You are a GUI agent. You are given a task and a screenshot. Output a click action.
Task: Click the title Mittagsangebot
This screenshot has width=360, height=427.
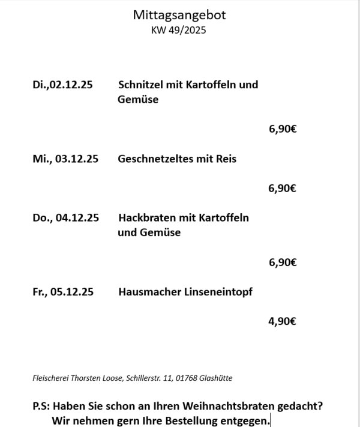tap(179, 15)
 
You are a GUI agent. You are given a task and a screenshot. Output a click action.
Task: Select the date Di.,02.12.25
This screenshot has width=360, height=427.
tap(62, 85)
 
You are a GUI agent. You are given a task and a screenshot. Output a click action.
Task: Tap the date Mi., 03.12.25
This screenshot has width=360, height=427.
tap(65, 159)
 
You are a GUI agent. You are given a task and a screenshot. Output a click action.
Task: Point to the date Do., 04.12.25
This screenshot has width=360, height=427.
tap(65, 217)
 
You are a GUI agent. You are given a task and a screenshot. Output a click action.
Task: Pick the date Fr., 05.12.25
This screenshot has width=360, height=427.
tap(64, 292)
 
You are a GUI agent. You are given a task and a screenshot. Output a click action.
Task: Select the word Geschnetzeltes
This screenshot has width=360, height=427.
tap(154, 159)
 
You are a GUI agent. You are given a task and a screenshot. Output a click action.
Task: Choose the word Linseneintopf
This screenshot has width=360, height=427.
tap(218, 292)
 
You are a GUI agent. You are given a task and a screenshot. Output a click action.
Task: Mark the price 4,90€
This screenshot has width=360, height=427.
tap(282, 321)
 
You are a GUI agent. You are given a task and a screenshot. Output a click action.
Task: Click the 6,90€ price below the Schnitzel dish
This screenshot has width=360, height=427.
tap(282, 129)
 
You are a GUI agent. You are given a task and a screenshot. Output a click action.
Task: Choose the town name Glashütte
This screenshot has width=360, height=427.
tap(216, 378)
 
